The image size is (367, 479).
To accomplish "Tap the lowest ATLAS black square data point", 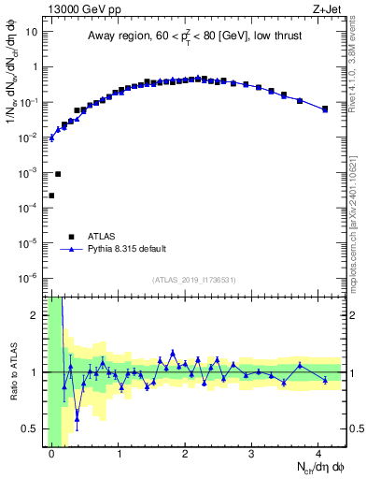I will tap(51, 196).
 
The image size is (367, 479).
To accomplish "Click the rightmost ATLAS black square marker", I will tap(325, 109).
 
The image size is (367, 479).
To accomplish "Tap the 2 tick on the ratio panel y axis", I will tap(35, 315).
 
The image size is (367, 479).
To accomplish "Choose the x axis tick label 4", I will tap(318, 454).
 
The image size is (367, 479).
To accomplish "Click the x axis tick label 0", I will tap(51, 454).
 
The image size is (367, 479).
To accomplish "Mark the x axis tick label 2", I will tap(185, 454).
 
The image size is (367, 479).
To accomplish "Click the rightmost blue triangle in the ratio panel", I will tap(325, 379).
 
